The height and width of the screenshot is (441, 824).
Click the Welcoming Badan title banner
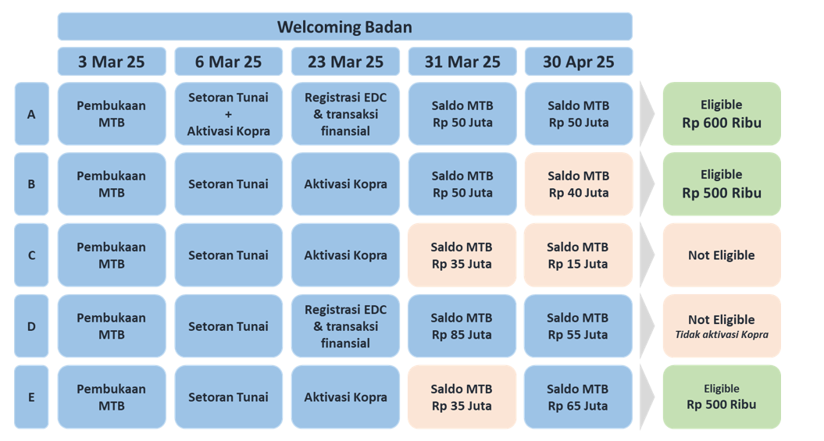point(344,27)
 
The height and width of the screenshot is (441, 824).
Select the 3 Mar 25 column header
point(112,62)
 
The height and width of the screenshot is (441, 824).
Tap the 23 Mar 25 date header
point(345,62)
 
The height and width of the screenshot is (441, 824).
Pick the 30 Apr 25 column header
point(578,62)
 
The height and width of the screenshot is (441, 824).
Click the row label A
point(31,114)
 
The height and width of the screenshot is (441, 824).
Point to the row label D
point(31,326)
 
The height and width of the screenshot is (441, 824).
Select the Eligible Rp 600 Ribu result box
point(722,114)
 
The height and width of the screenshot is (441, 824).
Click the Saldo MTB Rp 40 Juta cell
point(578,184)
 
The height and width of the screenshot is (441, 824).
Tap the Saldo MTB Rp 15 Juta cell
point(578,255)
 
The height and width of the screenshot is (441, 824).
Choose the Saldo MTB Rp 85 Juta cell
point(462,326)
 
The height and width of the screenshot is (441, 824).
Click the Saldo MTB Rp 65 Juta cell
point(578,397)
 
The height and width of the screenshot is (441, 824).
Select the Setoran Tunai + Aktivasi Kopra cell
point(229,114)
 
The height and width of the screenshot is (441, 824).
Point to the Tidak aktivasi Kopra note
point(722,334)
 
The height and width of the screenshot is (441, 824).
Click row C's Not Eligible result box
point(722,255)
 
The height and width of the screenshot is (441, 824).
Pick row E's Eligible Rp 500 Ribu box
point(722,397)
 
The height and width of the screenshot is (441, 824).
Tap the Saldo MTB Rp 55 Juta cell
point(578,326)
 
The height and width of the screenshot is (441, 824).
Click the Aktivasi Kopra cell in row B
point(345,184)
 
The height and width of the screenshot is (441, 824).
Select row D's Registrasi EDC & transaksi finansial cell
point(345,326)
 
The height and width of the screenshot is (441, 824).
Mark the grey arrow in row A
point(647,113)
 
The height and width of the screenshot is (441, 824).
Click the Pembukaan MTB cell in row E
point(112,397)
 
